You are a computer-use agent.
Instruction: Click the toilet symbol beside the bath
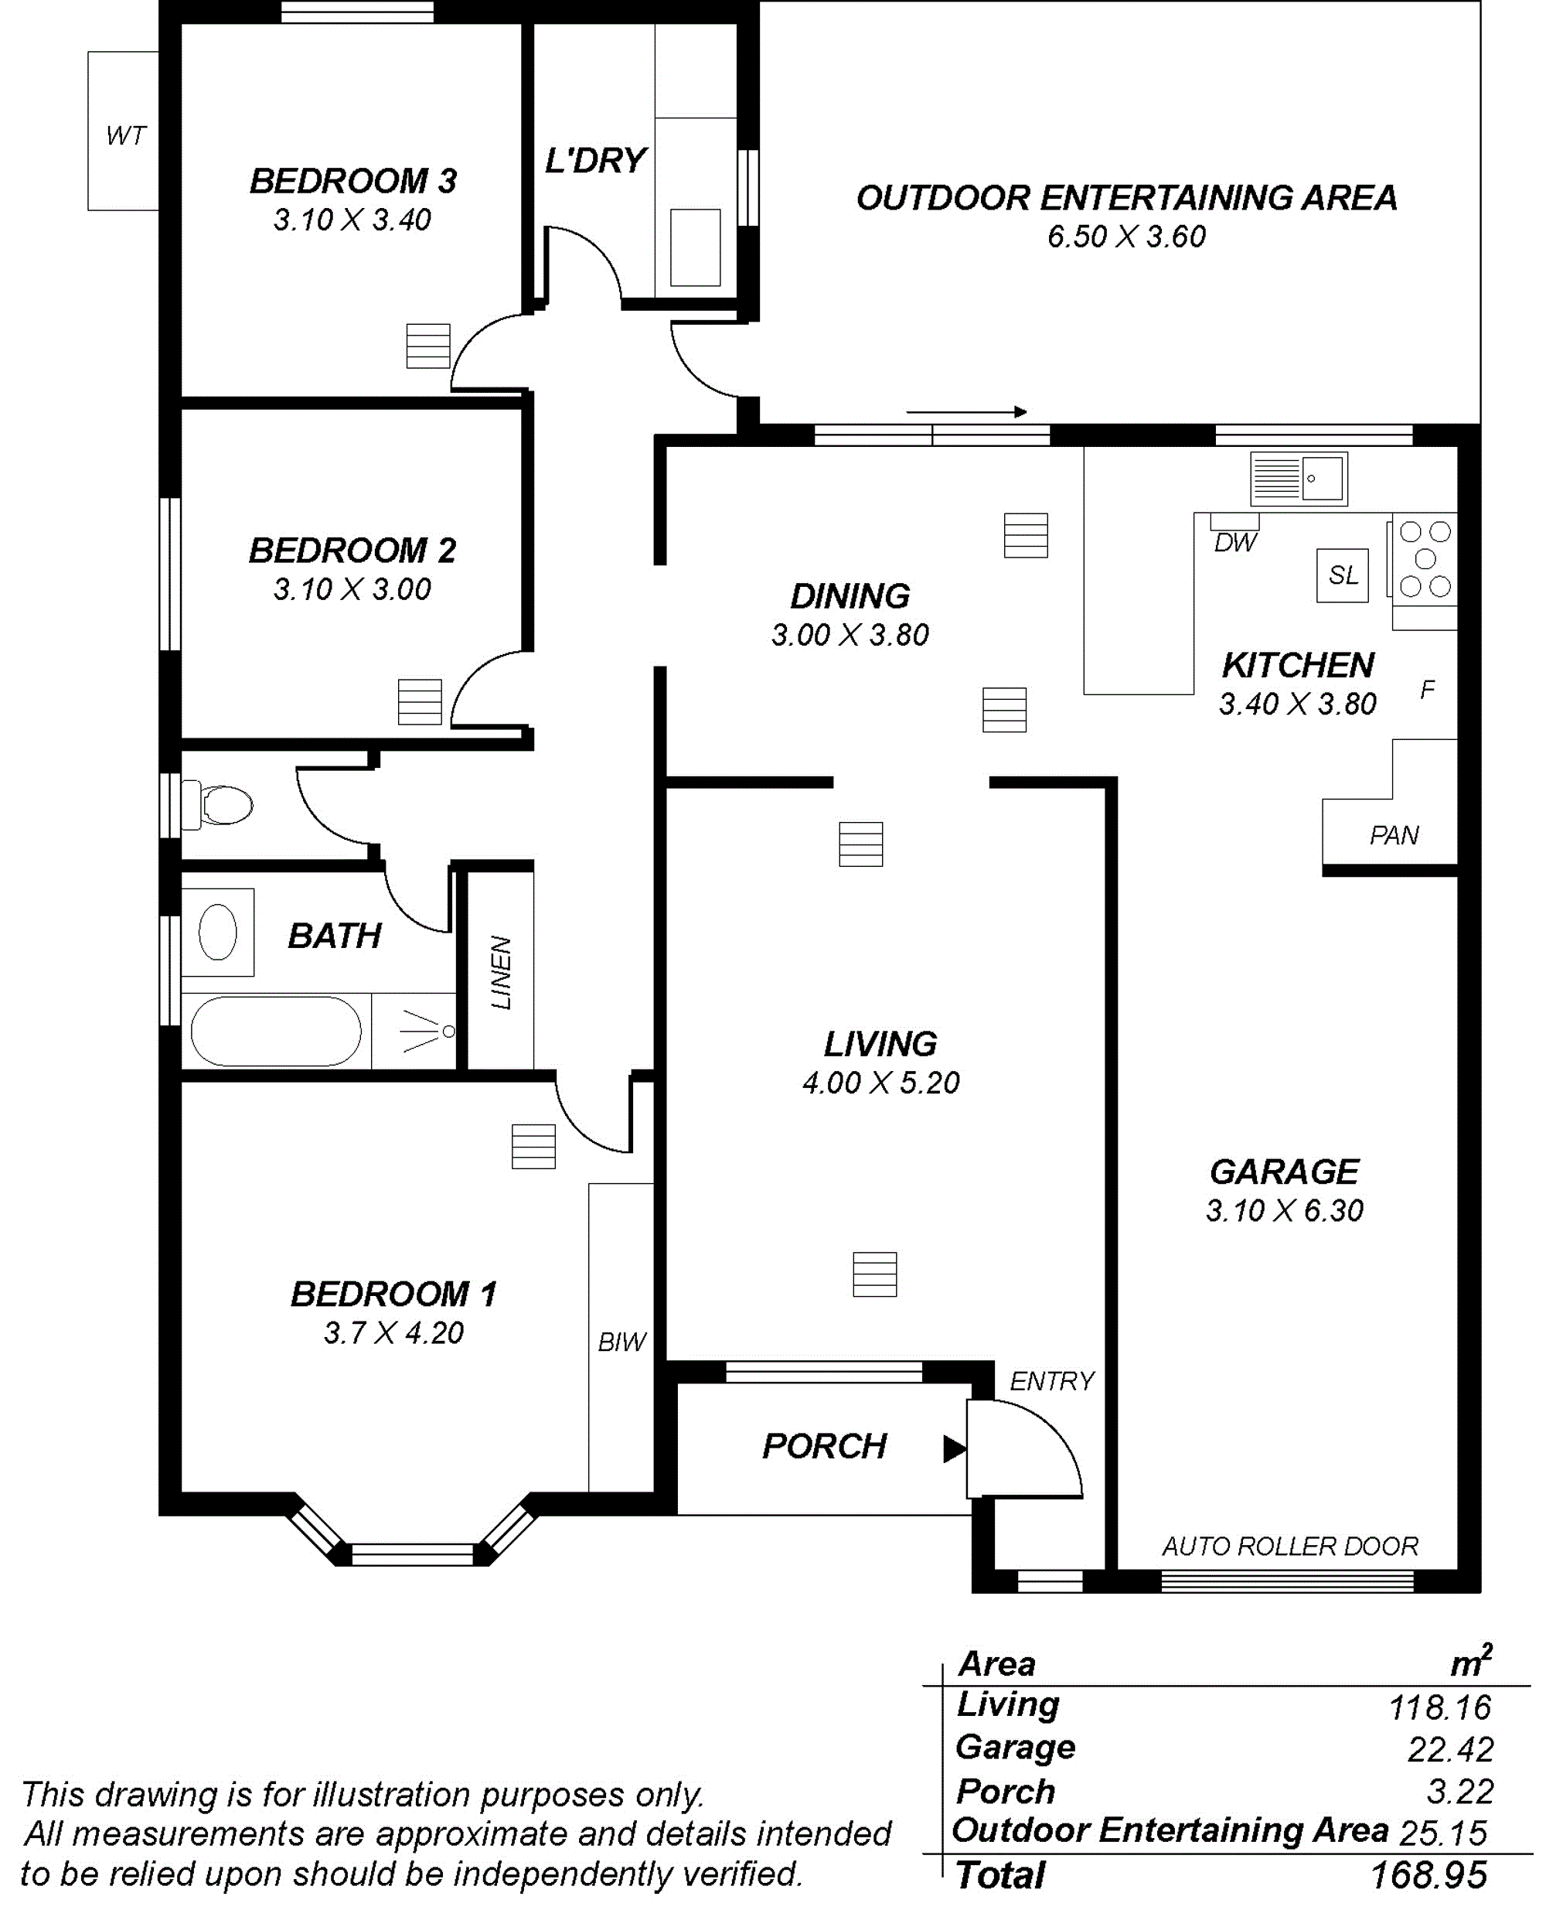[x=217, y=805]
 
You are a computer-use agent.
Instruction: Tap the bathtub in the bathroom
[x=276, y=1031]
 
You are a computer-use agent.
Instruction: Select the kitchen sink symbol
[x=1299, y=479]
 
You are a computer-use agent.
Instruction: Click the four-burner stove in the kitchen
[x=1425, y=558]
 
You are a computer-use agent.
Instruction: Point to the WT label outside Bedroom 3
[x=125, y=135]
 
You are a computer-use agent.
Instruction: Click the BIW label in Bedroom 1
[x=621, y=1342]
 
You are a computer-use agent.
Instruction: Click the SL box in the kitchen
[x=1343, y=575]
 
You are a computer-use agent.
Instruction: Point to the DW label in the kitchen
[x=1235, y=543]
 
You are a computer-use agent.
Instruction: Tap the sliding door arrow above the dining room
[x=966, y=412]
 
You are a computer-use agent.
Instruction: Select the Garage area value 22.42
[x=1450, y=1751]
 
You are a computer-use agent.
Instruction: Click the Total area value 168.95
[x=1429, y=1876]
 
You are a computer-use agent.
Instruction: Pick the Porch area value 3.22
[x=1459, y=1792]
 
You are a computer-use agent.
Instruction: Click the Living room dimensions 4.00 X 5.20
[x=880, y=1083]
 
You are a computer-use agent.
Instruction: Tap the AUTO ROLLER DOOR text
[x=1289, y=1546]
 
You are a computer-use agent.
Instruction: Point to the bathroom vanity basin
[x=217, y=932]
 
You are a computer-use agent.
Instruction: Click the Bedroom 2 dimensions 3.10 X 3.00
[x=352, y=589]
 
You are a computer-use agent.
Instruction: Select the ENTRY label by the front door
[x=1052, y=1381]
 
